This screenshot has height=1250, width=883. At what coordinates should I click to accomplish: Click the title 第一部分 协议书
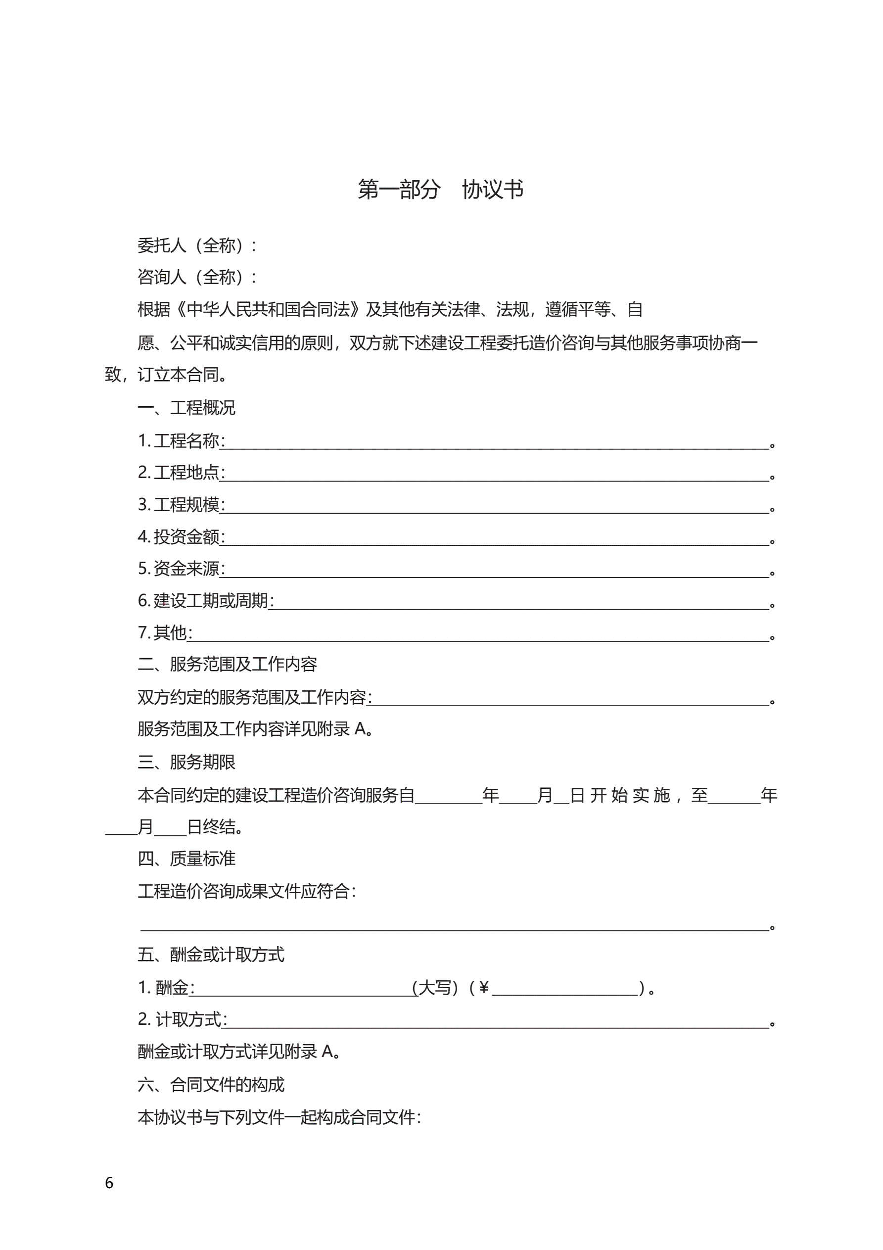pyautogui.click(x=440, y=190)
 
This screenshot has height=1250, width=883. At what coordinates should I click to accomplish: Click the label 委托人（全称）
pyautogui.click(x=196, y=245)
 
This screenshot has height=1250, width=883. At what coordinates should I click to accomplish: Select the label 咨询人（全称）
pyautogui.click(x=196, y=277)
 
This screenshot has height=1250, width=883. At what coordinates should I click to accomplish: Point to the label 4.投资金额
pyautogui.click(x=181, y=537)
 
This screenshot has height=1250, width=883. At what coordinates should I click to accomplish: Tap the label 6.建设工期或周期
pyautogui.click(x=205, y=601)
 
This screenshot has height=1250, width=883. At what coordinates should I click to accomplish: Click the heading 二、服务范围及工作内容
pyautogui.click(x=227, y=664)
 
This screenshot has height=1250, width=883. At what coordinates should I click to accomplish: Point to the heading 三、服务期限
pyautogui.click(x=186, y=762)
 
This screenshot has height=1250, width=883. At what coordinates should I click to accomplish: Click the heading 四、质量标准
pyautogui.click(x=186, y=859)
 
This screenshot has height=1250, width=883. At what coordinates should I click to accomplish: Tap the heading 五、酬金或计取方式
pyautogui.click(x=211, y=955)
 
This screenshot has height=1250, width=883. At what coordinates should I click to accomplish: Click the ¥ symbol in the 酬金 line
pyautogui.click(x=483, y=987)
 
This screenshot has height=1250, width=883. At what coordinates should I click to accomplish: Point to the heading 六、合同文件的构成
pyautogui.click(x=211, y=1085)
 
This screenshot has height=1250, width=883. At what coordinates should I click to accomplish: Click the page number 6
pyautogui.click(x=109, y=1183)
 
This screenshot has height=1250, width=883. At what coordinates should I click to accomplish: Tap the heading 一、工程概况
pyautogui.click(x=186, y=408)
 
